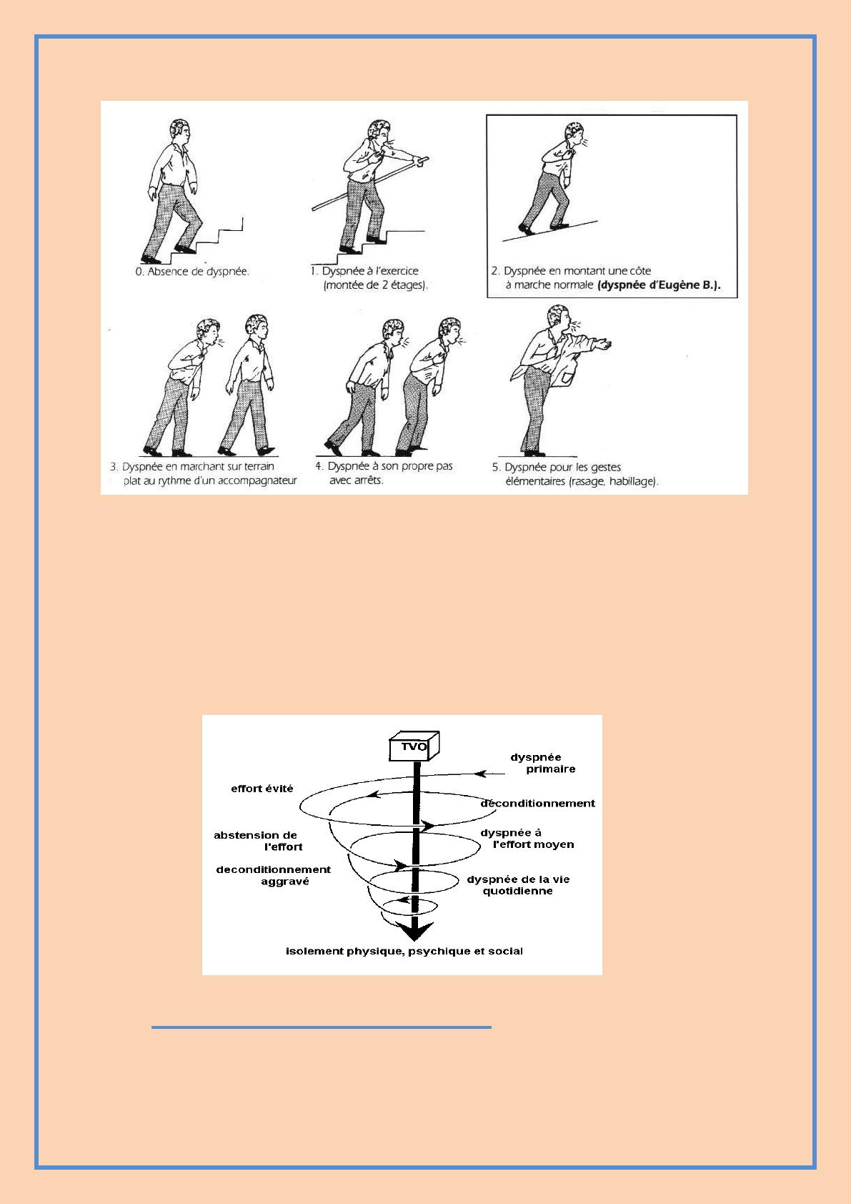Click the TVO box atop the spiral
coord(414,746)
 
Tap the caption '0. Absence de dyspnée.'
coord(191,272)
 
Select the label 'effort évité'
coord(262,789)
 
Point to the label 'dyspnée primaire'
coord(542,764)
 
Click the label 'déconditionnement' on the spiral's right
coord(538,803)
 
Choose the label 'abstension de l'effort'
coord(258,842)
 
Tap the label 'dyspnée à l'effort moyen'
coord(527,839)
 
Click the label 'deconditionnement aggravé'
coord(274,876)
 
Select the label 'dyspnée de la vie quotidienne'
coord(518,885)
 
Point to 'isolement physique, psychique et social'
coord(404,952)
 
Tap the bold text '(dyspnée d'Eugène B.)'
coord(659,285)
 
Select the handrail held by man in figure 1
coord(370,183)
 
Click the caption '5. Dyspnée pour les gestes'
coord(557,467)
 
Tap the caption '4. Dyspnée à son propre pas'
coord(384,466)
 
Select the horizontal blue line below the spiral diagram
coord(322,1027)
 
